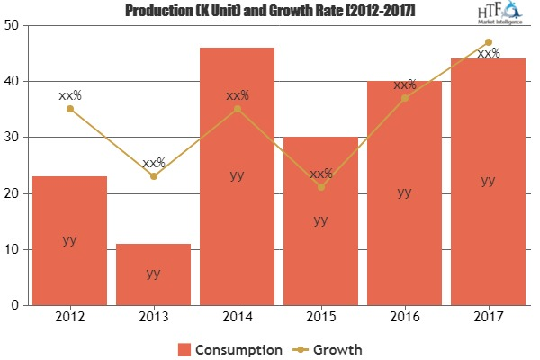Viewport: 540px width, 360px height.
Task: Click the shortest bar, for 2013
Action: pos(153,274)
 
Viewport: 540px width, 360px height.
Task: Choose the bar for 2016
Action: pos(404,193)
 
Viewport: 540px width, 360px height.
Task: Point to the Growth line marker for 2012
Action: pos(69,109)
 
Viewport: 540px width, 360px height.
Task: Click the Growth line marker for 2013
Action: pos(153,176)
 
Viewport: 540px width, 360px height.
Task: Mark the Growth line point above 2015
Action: pos(320,187)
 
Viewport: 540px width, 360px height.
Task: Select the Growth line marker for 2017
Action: pos(488,42)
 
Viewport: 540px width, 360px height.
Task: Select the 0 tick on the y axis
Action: pos(15,305)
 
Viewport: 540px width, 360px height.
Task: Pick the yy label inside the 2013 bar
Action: pos(153,274)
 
